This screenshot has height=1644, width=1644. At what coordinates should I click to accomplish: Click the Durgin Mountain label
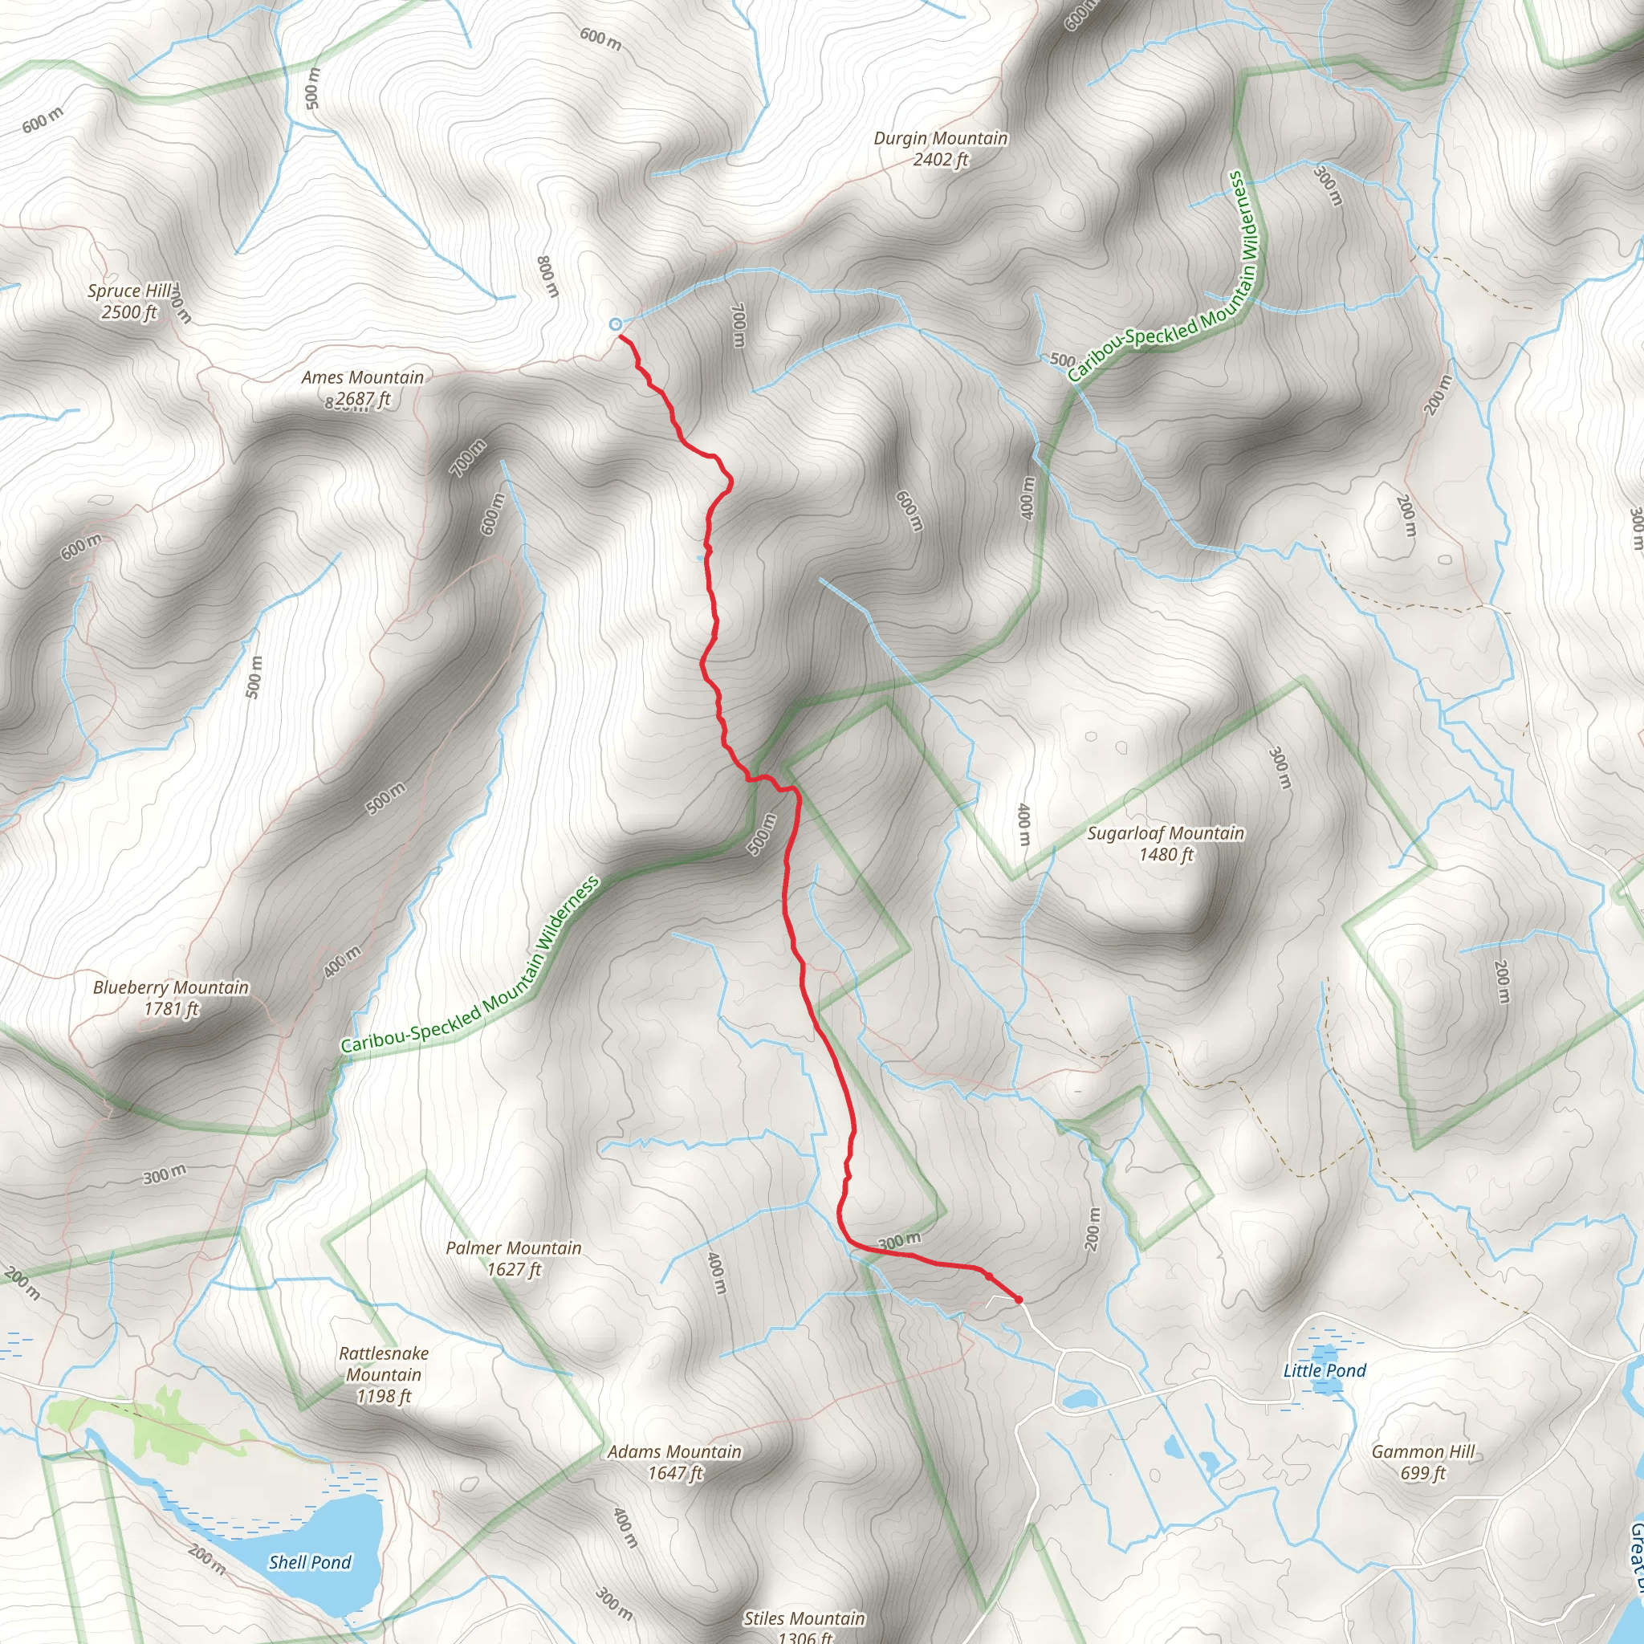[940, 138]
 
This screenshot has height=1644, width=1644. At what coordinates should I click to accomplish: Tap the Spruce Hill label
[129, 291]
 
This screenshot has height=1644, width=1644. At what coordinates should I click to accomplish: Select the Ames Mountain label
[363, 377]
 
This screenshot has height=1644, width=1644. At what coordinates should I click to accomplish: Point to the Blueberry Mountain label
[171, 987]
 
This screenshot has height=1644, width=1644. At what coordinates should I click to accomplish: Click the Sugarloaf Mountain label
[1166, 833]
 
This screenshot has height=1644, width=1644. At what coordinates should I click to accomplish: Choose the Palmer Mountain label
[514, 1247]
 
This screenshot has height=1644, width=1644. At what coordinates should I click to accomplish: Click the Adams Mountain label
[675, 1451]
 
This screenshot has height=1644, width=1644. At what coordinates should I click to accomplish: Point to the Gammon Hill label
[1422, 1451]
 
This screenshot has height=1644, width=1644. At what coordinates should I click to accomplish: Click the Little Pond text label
[1324, 1370]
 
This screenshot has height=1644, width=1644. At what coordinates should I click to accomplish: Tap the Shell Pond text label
[310, 1562]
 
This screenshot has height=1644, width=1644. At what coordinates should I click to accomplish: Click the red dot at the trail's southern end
[1018, 1299]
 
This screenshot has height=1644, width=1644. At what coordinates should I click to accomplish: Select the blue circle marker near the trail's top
[615, 324]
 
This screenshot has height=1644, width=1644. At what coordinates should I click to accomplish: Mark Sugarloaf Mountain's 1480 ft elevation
[1166, 854]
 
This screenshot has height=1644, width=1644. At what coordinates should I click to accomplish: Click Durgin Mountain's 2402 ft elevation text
[940, 159]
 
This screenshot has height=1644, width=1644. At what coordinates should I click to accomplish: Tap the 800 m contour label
[549, 275]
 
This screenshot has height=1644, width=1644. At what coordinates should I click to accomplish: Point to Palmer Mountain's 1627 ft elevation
[514, 1270]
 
